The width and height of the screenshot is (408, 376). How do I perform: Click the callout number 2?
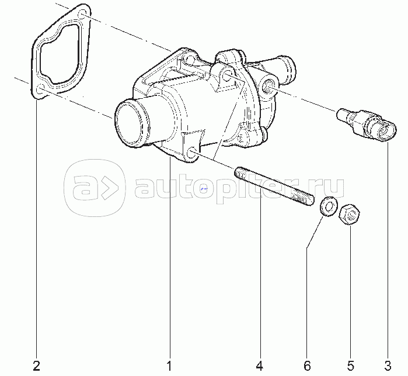pyautogui.click(x=37, y=365)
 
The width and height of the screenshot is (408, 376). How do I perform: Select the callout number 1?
pyautogui.click(x=169, y=365)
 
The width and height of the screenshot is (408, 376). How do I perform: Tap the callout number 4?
pyautogui.click(x=259, y=365)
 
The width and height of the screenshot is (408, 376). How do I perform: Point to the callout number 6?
pyautogui.click(x=307, y=365)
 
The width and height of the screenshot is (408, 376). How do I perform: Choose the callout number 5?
pyautogui.click(x=350, y=365)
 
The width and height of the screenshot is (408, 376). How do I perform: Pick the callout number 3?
pyautogui.click(x=388, y=365)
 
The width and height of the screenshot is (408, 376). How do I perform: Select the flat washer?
pyautogui.click(x=329, y=206)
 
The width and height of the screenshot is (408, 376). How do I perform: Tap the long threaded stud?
pyautogui.click(x=274, y=187)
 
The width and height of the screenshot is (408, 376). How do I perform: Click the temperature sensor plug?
pyautogui.click(x=367, y=125)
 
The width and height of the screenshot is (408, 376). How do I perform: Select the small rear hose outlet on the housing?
pyautogui.click(x=286, y=70)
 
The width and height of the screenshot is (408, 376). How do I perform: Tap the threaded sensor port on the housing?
pyautogui.click(x=268, y=86)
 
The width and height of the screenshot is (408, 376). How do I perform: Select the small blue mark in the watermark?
pyautogui.click(x=204, y=188)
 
